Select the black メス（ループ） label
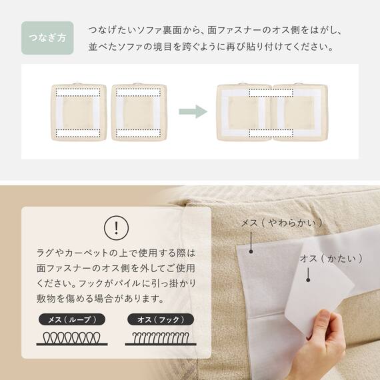pyautogui.click(x=69, y=319)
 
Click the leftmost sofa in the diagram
pyautogui.click(x=79, y=112)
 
